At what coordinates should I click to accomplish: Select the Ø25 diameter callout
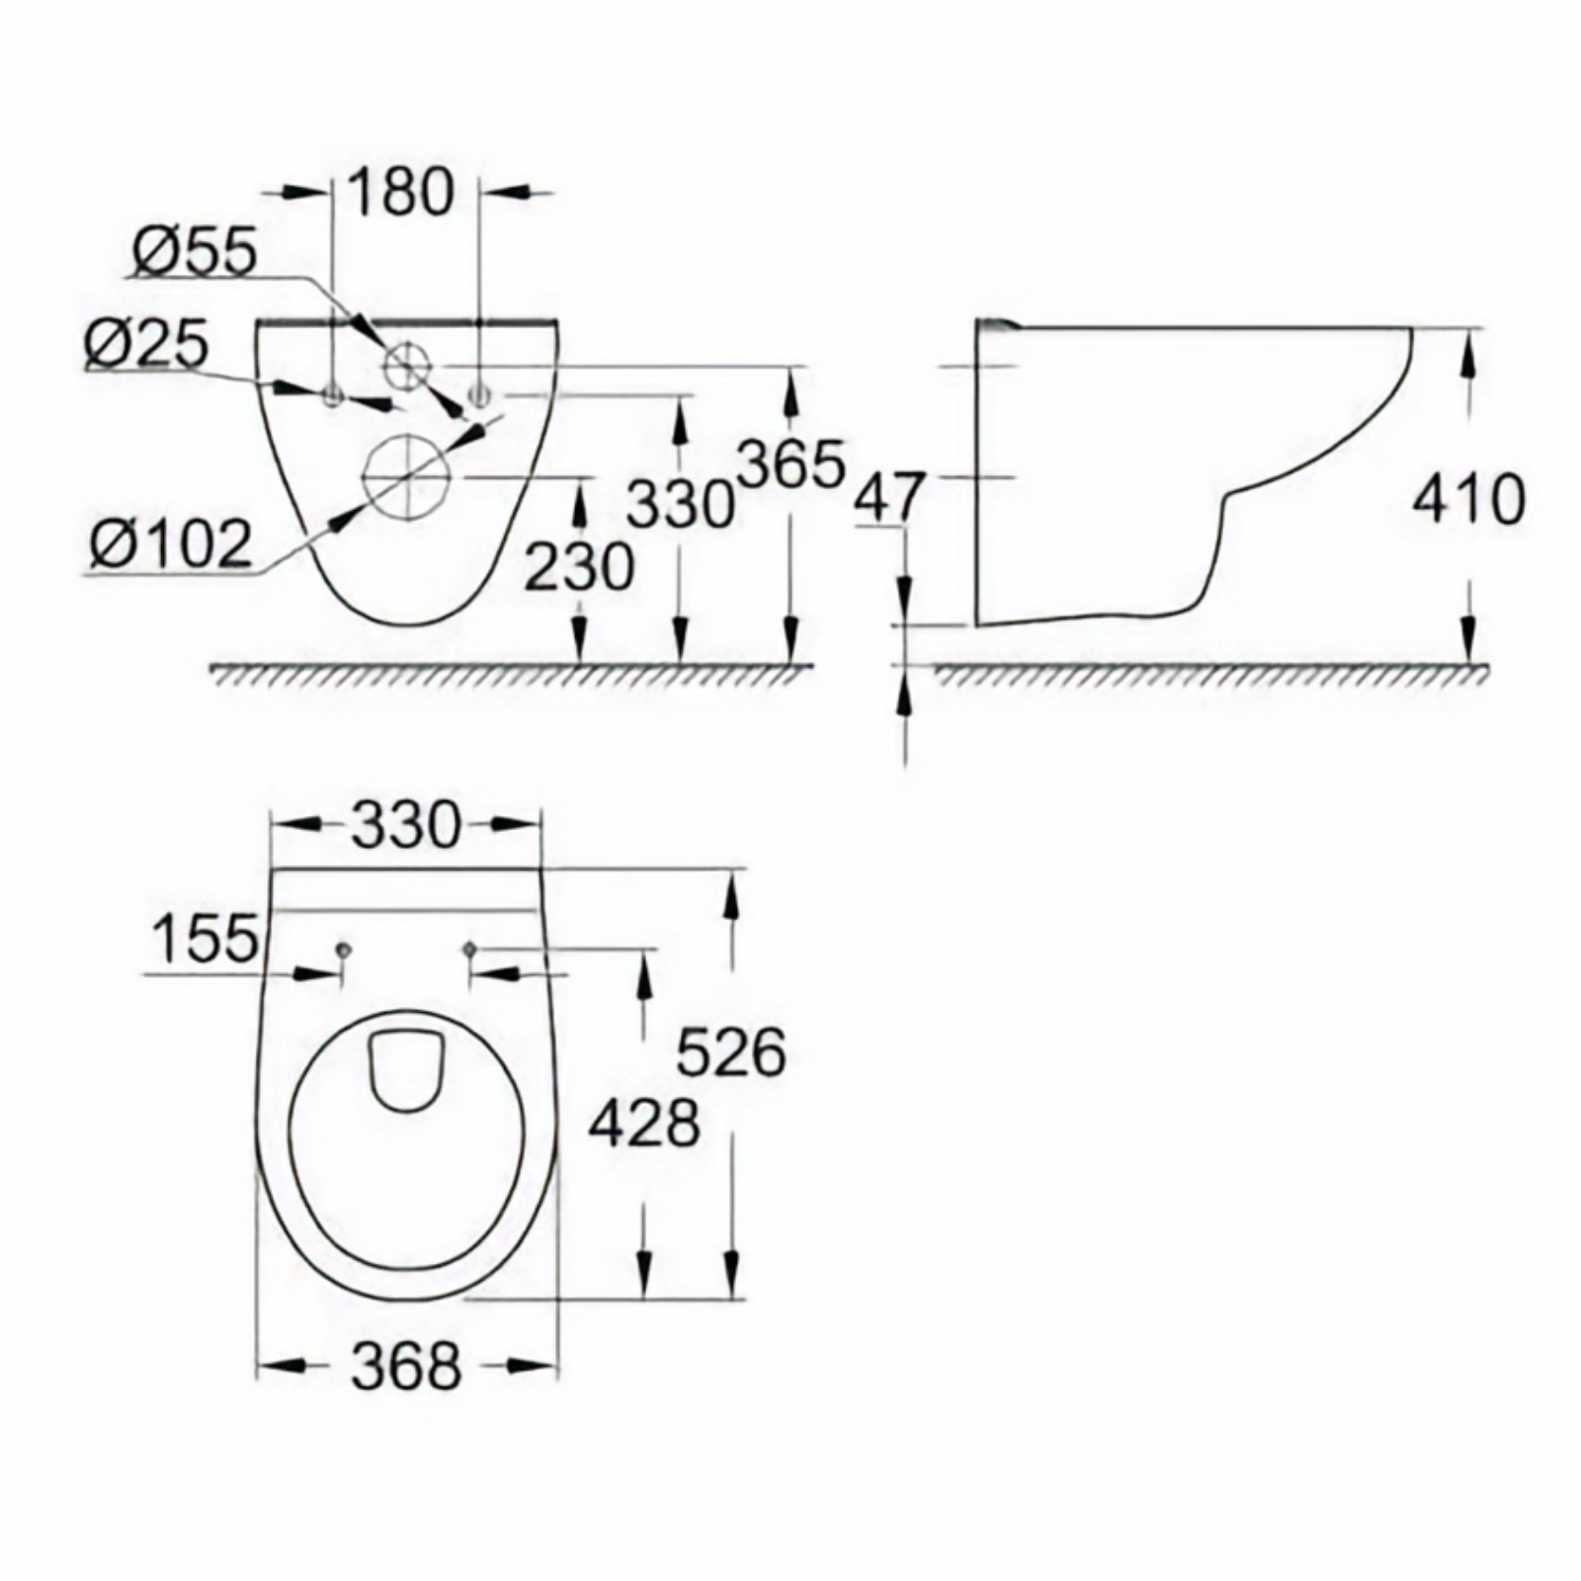pos(146,345)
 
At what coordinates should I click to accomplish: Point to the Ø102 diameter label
pos(170,544)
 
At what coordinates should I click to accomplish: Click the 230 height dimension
pos(579,567)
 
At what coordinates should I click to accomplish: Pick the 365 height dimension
pos(791,463)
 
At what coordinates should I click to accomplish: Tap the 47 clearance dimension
pos(889,497)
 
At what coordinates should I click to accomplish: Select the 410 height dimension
pos(1468,499)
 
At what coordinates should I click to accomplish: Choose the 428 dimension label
pos(644,1123)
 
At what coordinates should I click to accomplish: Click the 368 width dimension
pos(406,1366)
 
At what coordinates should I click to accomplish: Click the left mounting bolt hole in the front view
pos(333,397)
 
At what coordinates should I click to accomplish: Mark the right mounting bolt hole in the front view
pos(480,397)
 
